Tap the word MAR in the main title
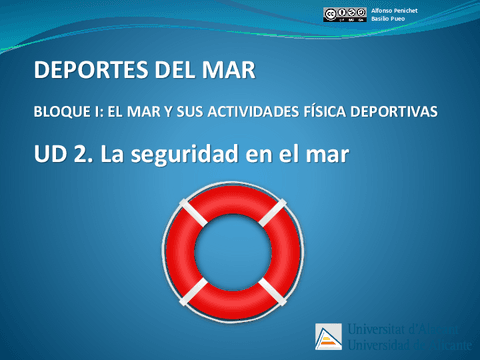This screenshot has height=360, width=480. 229,72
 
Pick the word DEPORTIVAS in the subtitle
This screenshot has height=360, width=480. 401,112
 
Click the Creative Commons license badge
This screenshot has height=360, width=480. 343,14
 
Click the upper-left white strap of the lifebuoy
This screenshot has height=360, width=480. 189,215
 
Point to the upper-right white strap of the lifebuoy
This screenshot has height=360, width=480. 271,214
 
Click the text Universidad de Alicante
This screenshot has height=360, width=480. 404,347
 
